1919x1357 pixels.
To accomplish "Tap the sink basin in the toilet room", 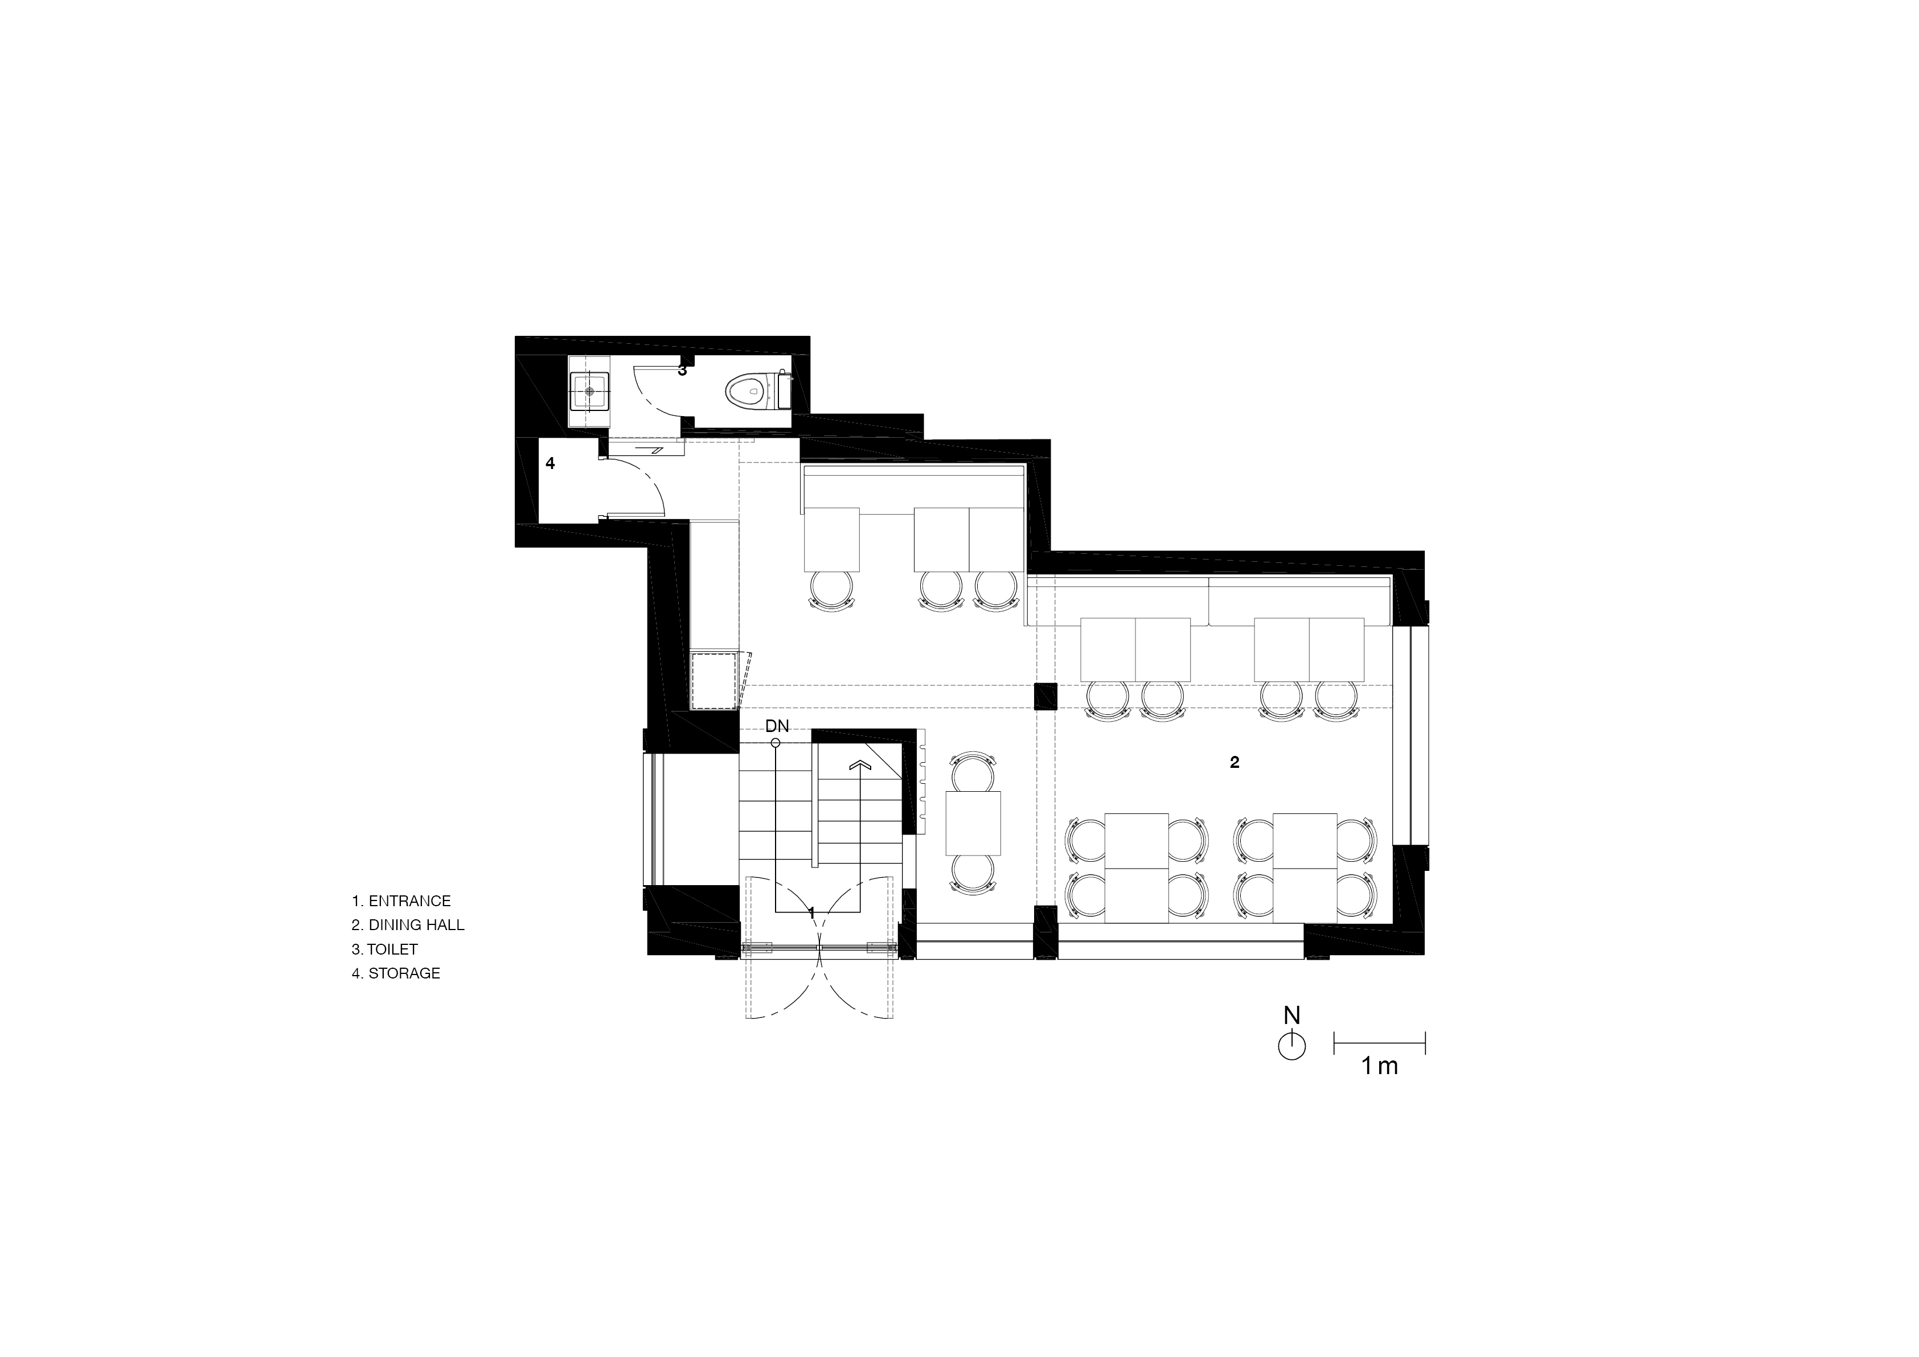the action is (x=590, y=390).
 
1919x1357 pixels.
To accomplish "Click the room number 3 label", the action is (x=682, y=370).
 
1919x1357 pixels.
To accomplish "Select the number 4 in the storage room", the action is (x=550, y=463).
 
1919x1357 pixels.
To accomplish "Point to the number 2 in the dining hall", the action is (x=1235, y=762).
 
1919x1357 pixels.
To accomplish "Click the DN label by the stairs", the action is (x=777, y=727).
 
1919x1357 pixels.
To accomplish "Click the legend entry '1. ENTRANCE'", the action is (x=401, y=900).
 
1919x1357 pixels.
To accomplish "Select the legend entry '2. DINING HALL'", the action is (x=408, y=925).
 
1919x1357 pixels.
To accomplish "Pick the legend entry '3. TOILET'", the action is (x=384, y=949).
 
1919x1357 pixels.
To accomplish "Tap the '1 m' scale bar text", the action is (x=1380, y=1066).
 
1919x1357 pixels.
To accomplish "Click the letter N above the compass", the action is (x=1292, y=1015).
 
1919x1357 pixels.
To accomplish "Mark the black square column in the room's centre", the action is (x=1045, y=696).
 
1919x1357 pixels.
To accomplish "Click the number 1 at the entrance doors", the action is (x=811, y=914).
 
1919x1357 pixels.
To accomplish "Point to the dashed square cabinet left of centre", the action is (x=713, y=681).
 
